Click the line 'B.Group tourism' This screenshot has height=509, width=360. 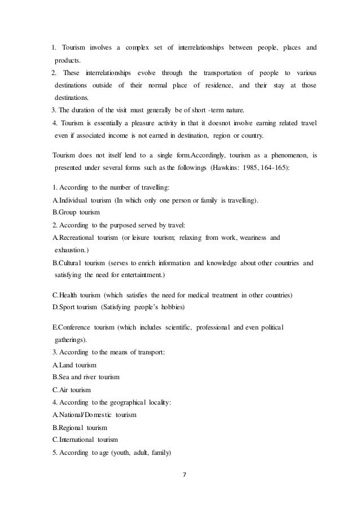tap(76, 213)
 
